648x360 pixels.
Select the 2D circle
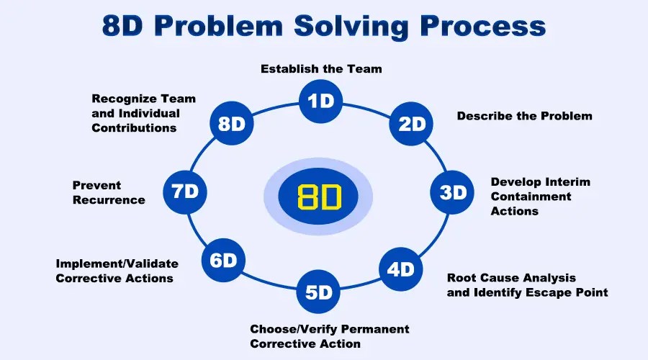[412, 124]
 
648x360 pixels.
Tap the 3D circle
[454, 192]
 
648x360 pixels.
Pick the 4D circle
[401, 269]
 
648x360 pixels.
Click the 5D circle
[318, 292]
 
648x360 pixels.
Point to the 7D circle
[185, 192]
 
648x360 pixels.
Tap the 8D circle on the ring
[232, 124]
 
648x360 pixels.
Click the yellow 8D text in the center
[318, 196]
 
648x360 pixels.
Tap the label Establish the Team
[321, 69]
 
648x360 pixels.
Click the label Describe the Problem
[524, 115]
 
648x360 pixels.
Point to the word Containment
[531, 197]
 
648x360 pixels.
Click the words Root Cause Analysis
[511, 278]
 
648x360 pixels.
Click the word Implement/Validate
[117, 264]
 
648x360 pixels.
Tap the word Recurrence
[108, 200]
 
